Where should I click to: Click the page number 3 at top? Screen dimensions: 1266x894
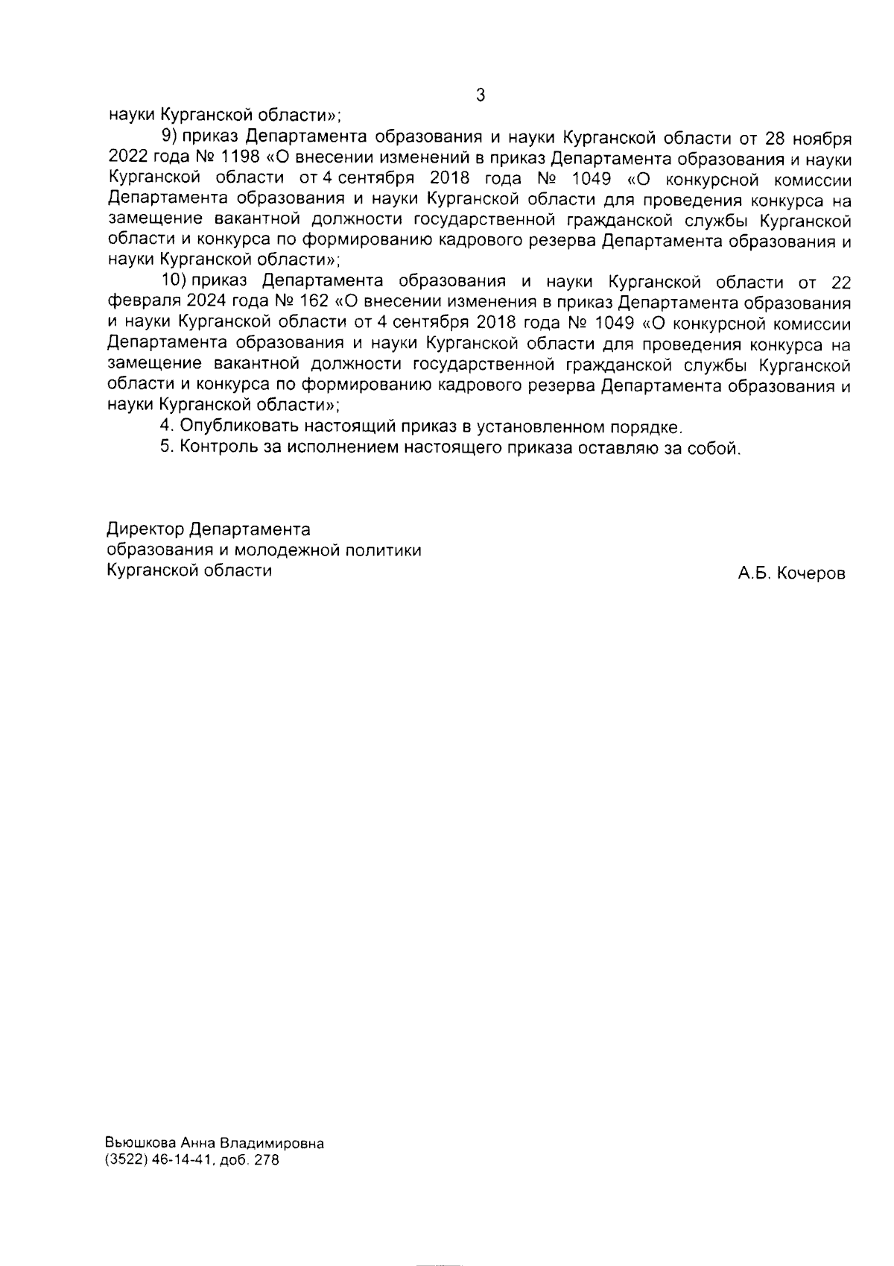tap(480, 95)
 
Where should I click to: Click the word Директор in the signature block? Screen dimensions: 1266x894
tap(145, 529)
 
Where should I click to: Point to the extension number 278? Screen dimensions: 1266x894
tap(266, 1161)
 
